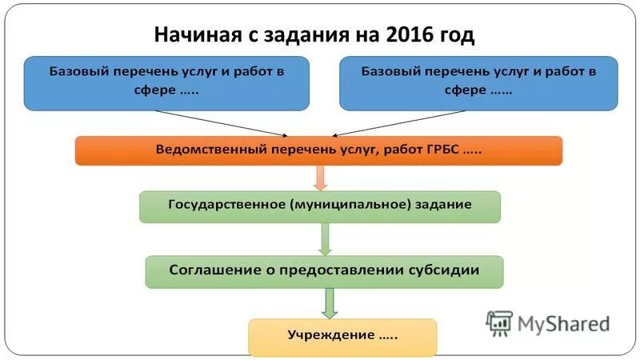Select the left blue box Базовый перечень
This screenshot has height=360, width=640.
point(166,82)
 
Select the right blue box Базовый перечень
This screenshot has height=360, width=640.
point(478,82)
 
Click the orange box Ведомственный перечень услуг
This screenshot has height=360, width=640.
point(318,150)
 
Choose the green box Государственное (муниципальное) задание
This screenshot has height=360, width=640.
point(319,206)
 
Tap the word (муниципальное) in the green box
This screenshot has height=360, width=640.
point(348,205)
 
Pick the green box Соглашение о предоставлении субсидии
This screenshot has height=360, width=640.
point(324,271)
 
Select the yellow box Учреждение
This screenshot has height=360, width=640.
point(342,337)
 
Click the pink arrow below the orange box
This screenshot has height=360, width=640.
point(320,178)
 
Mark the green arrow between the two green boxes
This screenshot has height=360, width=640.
point(325,238)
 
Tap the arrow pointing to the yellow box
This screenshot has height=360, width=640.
point(329,303)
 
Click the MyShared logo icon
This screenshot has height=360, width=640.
point(499,322)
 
